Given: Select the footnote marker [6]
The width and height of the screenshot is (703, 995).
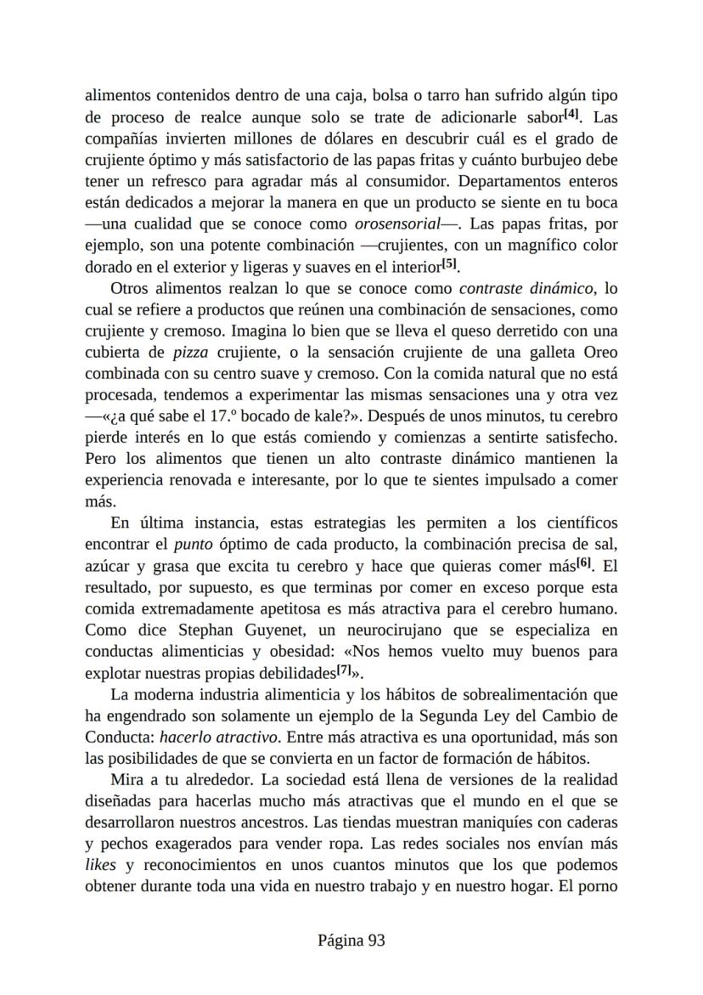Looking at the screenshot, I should click(x=584, y=563).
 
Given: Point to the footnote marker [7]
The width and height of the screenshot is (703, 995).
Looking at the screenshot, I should click(x=344, y=670).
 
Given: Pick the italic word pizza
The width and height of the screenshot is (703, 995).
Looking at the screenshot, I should click(x=194, y=353).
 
